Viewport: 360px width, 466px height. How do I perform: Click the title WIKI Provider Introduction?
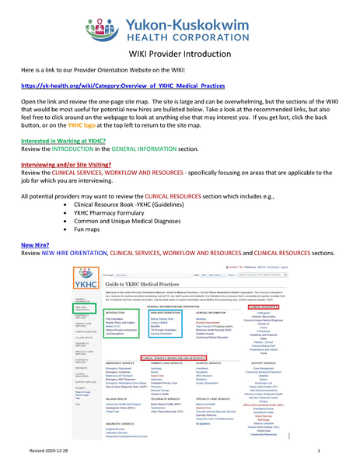pos(179,54)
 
